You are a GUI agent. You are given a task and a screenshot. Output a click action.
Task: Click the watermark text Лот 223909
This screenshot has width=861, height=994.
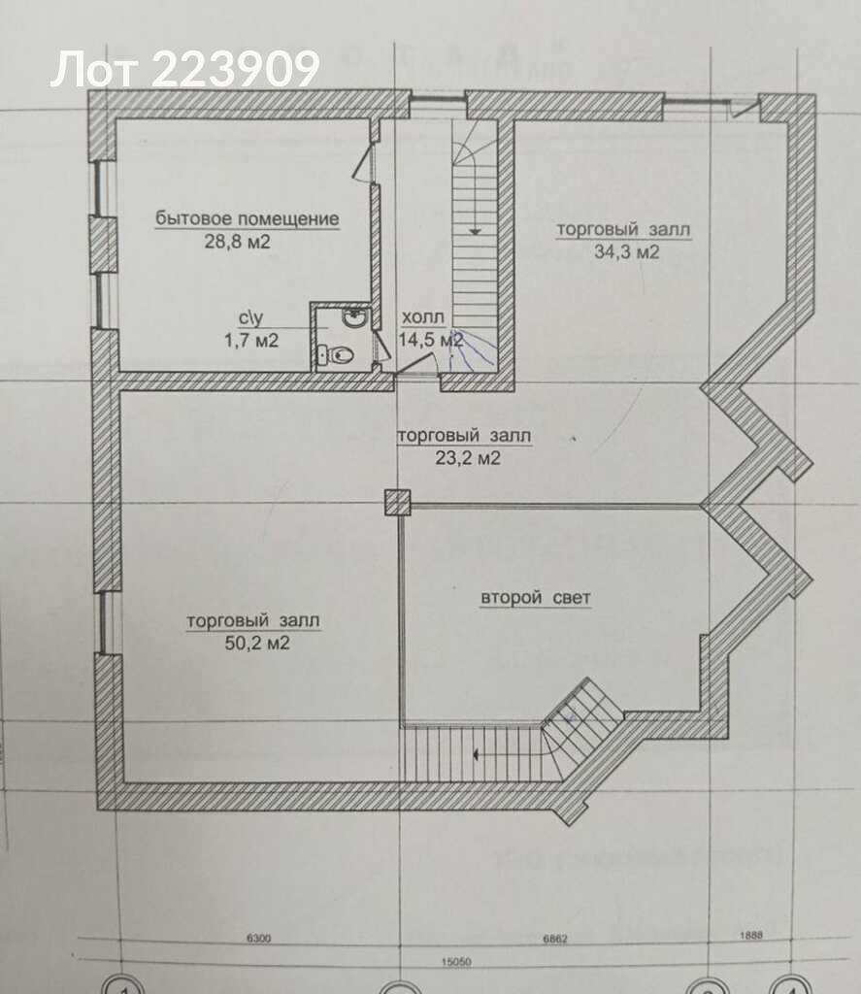tap(184, 69)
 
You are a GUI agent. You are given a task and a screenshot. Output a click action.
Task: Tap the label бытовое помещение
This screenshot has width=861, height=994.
tap(248, 218)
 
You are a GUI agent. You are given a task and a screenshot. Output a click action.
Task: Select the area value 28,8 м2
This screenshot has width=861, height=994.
tap(237, 242)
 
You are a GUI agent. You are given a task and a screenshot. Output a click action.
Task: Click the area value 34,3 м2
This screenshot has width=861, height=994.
tap(626, 252)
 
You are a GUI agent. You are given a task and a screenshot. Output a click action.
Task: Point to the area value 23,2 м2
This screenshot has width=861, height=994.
tap(467, 458)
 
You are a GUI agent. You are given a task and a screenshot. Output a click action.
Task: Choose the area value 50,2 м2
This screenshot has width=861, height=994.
tap(257, 644)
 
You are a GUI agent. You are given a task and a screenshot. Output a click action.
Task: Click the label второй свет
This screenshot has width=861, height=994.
tap(536, 598)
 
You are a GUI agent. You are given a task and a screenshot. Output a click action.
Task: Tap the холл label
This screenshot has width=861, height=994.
tap(423, 317)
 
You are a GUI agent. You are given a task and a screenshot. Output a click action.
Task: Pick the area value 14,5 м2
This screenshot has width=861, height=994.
tap(431, 339)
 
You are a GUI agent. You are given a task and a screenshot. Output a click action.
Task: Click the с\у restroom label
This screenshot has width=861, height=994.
tap(250, 317)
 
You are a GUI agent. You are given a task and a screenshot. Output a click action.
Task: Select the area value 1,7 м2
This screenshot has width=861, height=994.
tap(251, 341)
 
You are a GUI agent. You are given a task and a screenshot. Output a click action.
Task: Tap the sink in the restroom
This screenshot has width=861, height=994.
tap(352, 318)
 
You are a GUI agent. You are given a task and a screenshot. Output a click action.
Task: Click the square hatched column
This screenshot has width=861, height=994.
tap(398, 502)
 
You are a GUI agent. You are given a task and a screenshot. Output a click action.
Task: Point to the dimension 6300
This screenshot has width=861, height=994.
tap(258, 939)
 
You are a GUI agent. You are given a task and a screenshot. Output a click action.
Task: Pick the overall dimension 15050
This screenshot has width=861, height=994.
tap(456, 961)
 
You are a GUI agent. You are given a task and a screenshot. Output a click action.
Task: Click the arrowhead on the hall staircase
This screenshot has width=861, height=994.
tap(475, 232)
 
